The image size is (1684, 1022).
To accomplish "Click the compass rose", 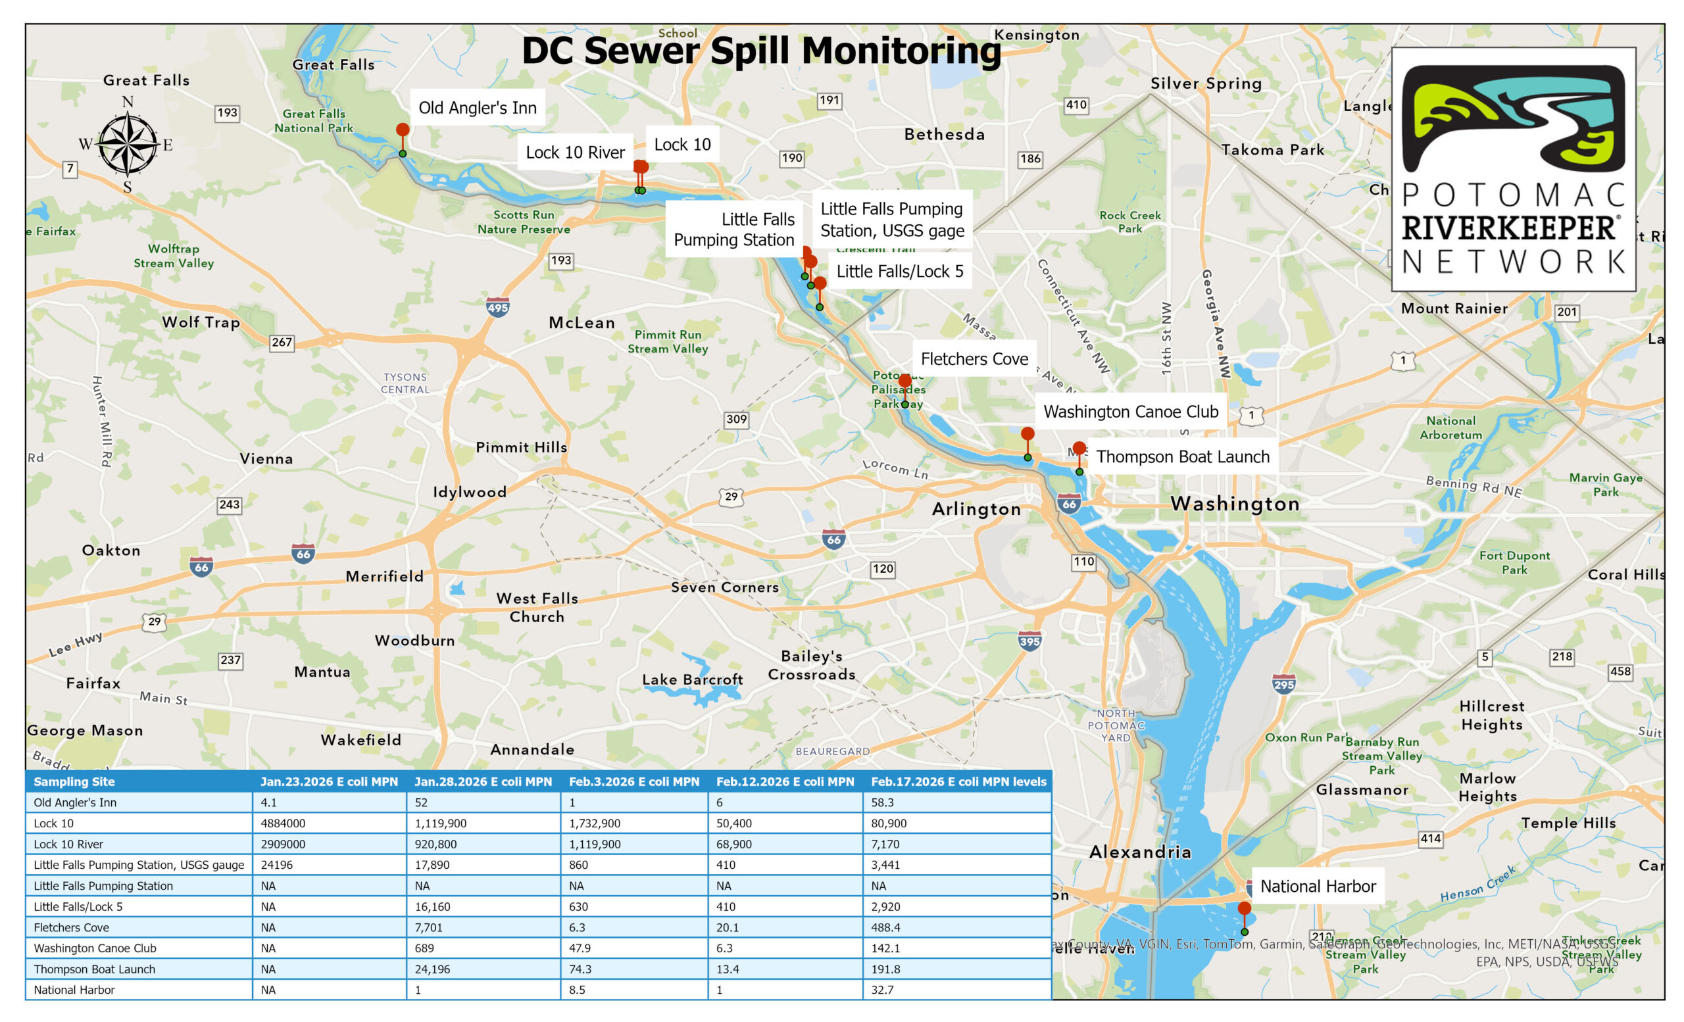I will click(127, 144).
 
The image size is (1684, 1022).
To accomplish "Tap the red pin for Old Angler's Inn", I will click(403, 130).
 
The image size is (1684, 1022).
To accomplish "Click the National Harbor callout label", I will click(1317, 886).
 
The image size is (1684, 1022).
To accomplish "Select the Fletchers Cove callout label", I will click(974, 358).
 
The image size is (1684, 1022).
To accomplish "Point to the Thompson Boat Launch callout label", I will click(1182, 456).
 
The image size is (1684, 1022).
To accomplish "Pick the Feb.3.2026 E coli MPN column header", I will click(633, 781).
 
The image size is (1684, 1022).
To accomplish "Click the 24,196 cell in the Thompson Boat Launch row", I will click(433, 969).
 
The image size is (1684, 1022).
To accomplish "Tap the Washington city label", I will click(1234, 504).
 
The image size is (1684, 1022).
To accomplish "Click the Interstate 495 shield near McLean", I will click(497, 306).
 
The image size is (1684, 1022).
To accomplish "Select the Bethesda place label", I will click(945, 135).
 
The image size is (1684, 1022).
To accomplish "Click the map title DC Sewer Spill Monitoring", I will click(760, 51).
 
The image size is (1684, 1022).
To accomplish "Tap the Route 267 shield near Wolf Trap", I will click(282, 342).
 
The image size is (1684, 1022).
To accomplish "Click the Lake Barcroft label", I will click(691, 680).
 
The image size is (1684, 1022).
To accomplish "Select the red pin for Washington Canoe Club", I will click(1028, 434).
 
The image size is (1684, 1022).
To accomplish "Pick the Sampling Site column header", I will click(74, 781).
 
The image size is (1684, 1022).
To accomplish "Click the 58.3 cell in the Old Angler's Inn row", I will click(882, 802).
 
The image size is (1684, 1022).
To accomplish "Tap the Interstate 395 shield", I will click(1029, 641).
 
